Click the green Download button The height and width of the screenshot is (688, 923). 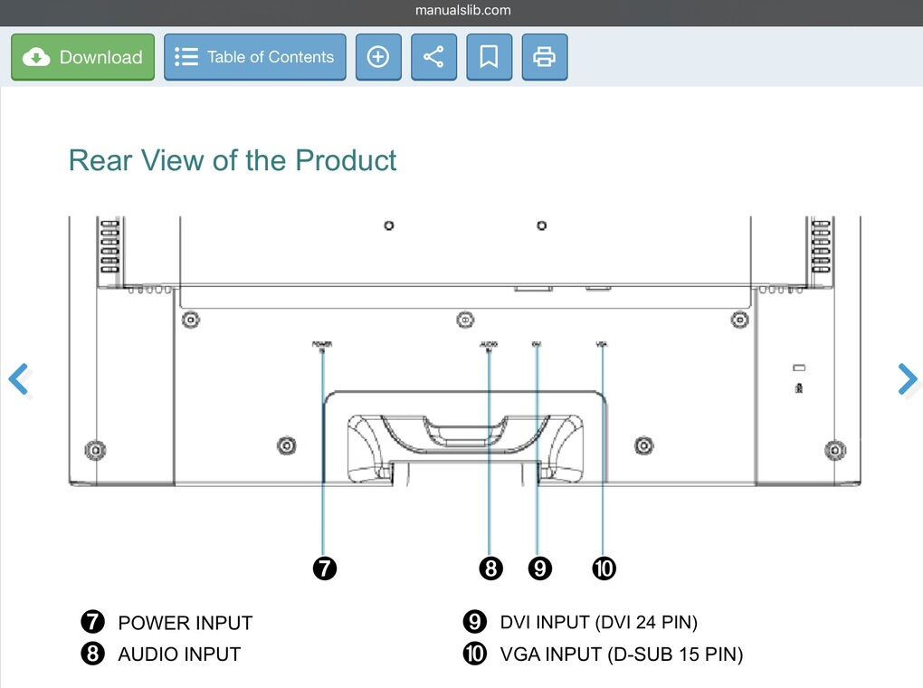pyautogui.click(x=82, y=57)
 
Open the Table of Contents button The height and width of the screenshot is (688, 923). pyautogui.click(x=254, y=57)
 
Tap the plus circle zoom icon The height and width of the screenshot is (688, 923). pyautogui.click(x=378, y=57)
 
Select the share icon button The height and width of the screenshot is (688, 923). pyautogui.click(x=433, y=57)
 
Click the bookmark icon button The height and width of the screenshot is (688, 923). pyautogui.click(x=489, y=57)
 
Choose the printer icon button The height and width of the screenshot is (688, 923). pyautogui.click(x=544, y=57)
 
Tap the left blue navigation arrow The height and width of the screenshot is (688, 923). pyautogui.click(x=19, y=379)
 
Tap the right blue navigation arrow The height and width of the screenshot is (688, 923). pyautogui.click(x=907, y=379)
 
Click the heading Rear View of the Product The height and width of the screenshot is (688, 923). pyautogui.click(x=233, y=160)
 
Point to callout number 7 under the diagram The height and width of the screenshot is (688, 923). pyautogui.click(x=324, y=569)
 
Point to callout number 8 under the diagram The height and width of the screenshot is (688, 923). pyautogui.click(x=490, y=569)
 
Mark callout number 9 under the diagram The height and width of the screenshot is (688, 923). pyautogui.click(x=539, y=569)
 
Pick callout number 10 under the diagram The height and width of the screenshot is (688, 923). pyautogui.click(x=604, y=569)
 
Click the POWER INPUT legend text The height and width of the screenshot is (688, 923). pyautogui.click(x=185, y=623)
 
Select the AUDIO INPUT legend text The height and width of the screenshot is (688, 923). pyautogui.click(x=179, y=654)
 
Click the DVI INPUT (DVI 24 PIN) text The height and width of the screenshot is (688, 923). pyautogui.click(x=598, y=622)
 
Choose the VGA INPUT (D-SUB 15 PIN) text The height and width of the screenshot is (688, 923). pyautogui.click(x=621, y=654)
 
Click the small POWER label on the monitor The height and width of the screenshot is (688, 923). pyautogui.click(x=322, y=345)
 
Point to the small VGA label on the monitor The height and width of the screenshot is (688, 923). pyautogui.click(x=602, y=344)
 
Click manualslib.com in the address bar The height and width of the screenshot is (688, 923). pyautogui.click(x=462, y=11)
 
